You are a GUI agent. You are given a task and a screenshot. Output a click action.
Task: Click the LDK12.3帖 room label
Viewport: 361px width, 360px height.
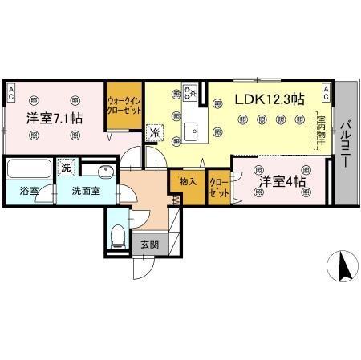[x=269, y=99]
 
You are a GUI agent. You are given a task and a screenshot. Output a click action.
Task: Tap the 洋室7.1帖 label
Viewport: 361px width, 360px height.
[x=54, y=119]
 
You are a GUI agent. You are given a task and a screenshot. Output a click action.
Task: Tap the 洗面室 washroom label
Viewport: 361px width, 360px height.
[x=86, y=192]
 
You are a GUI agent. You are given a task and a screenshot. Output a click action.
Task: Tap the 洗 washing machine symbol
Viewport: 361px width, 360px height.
[x=67, y=168]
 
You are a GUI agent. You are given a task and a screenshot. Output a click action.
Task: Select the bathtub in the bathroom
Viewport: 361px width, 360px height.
[x=27, y=169]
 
